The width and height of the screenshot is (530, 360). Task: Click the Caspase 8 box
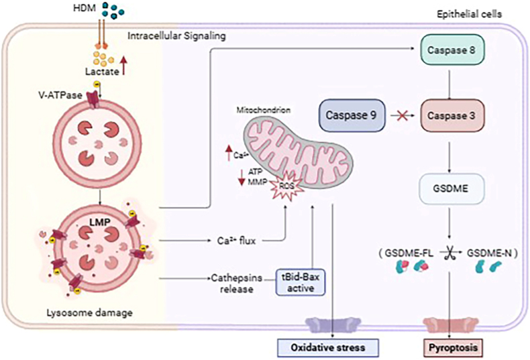point(453,50)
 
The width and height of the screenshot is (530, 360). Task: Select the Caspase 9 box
point(352,115)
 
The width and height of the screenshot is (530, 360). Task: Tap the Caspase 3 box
point(453,115)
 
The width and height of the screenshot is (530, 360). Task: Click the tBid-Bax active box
point(301,282)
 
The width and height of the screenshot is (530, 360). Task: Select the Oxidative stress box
point(328,347)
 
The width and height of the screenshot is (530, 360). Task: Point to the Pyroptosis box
point(453,347)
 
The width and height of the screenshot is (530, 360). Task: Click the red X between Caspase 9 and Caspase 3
point(401,116)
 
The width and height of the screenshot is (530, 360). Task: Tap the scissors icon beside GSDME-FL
point(449,254)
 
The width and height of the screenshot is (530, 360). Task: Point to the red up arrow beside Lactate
point(123,66)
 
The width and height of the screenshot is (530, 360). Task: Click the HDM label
point(85,8)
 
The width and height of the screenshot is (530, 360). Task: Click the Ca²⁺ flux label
point(236,241)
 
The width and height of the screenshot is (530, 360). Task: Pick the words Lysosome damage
point(90,312)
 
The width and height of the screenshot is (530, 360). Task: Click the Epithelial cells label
point(469,14)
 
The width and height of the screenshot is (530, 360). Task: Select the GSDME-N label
point(489,253)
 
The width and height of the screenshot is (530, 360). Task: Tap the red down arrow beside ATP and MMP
point(242,177)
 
